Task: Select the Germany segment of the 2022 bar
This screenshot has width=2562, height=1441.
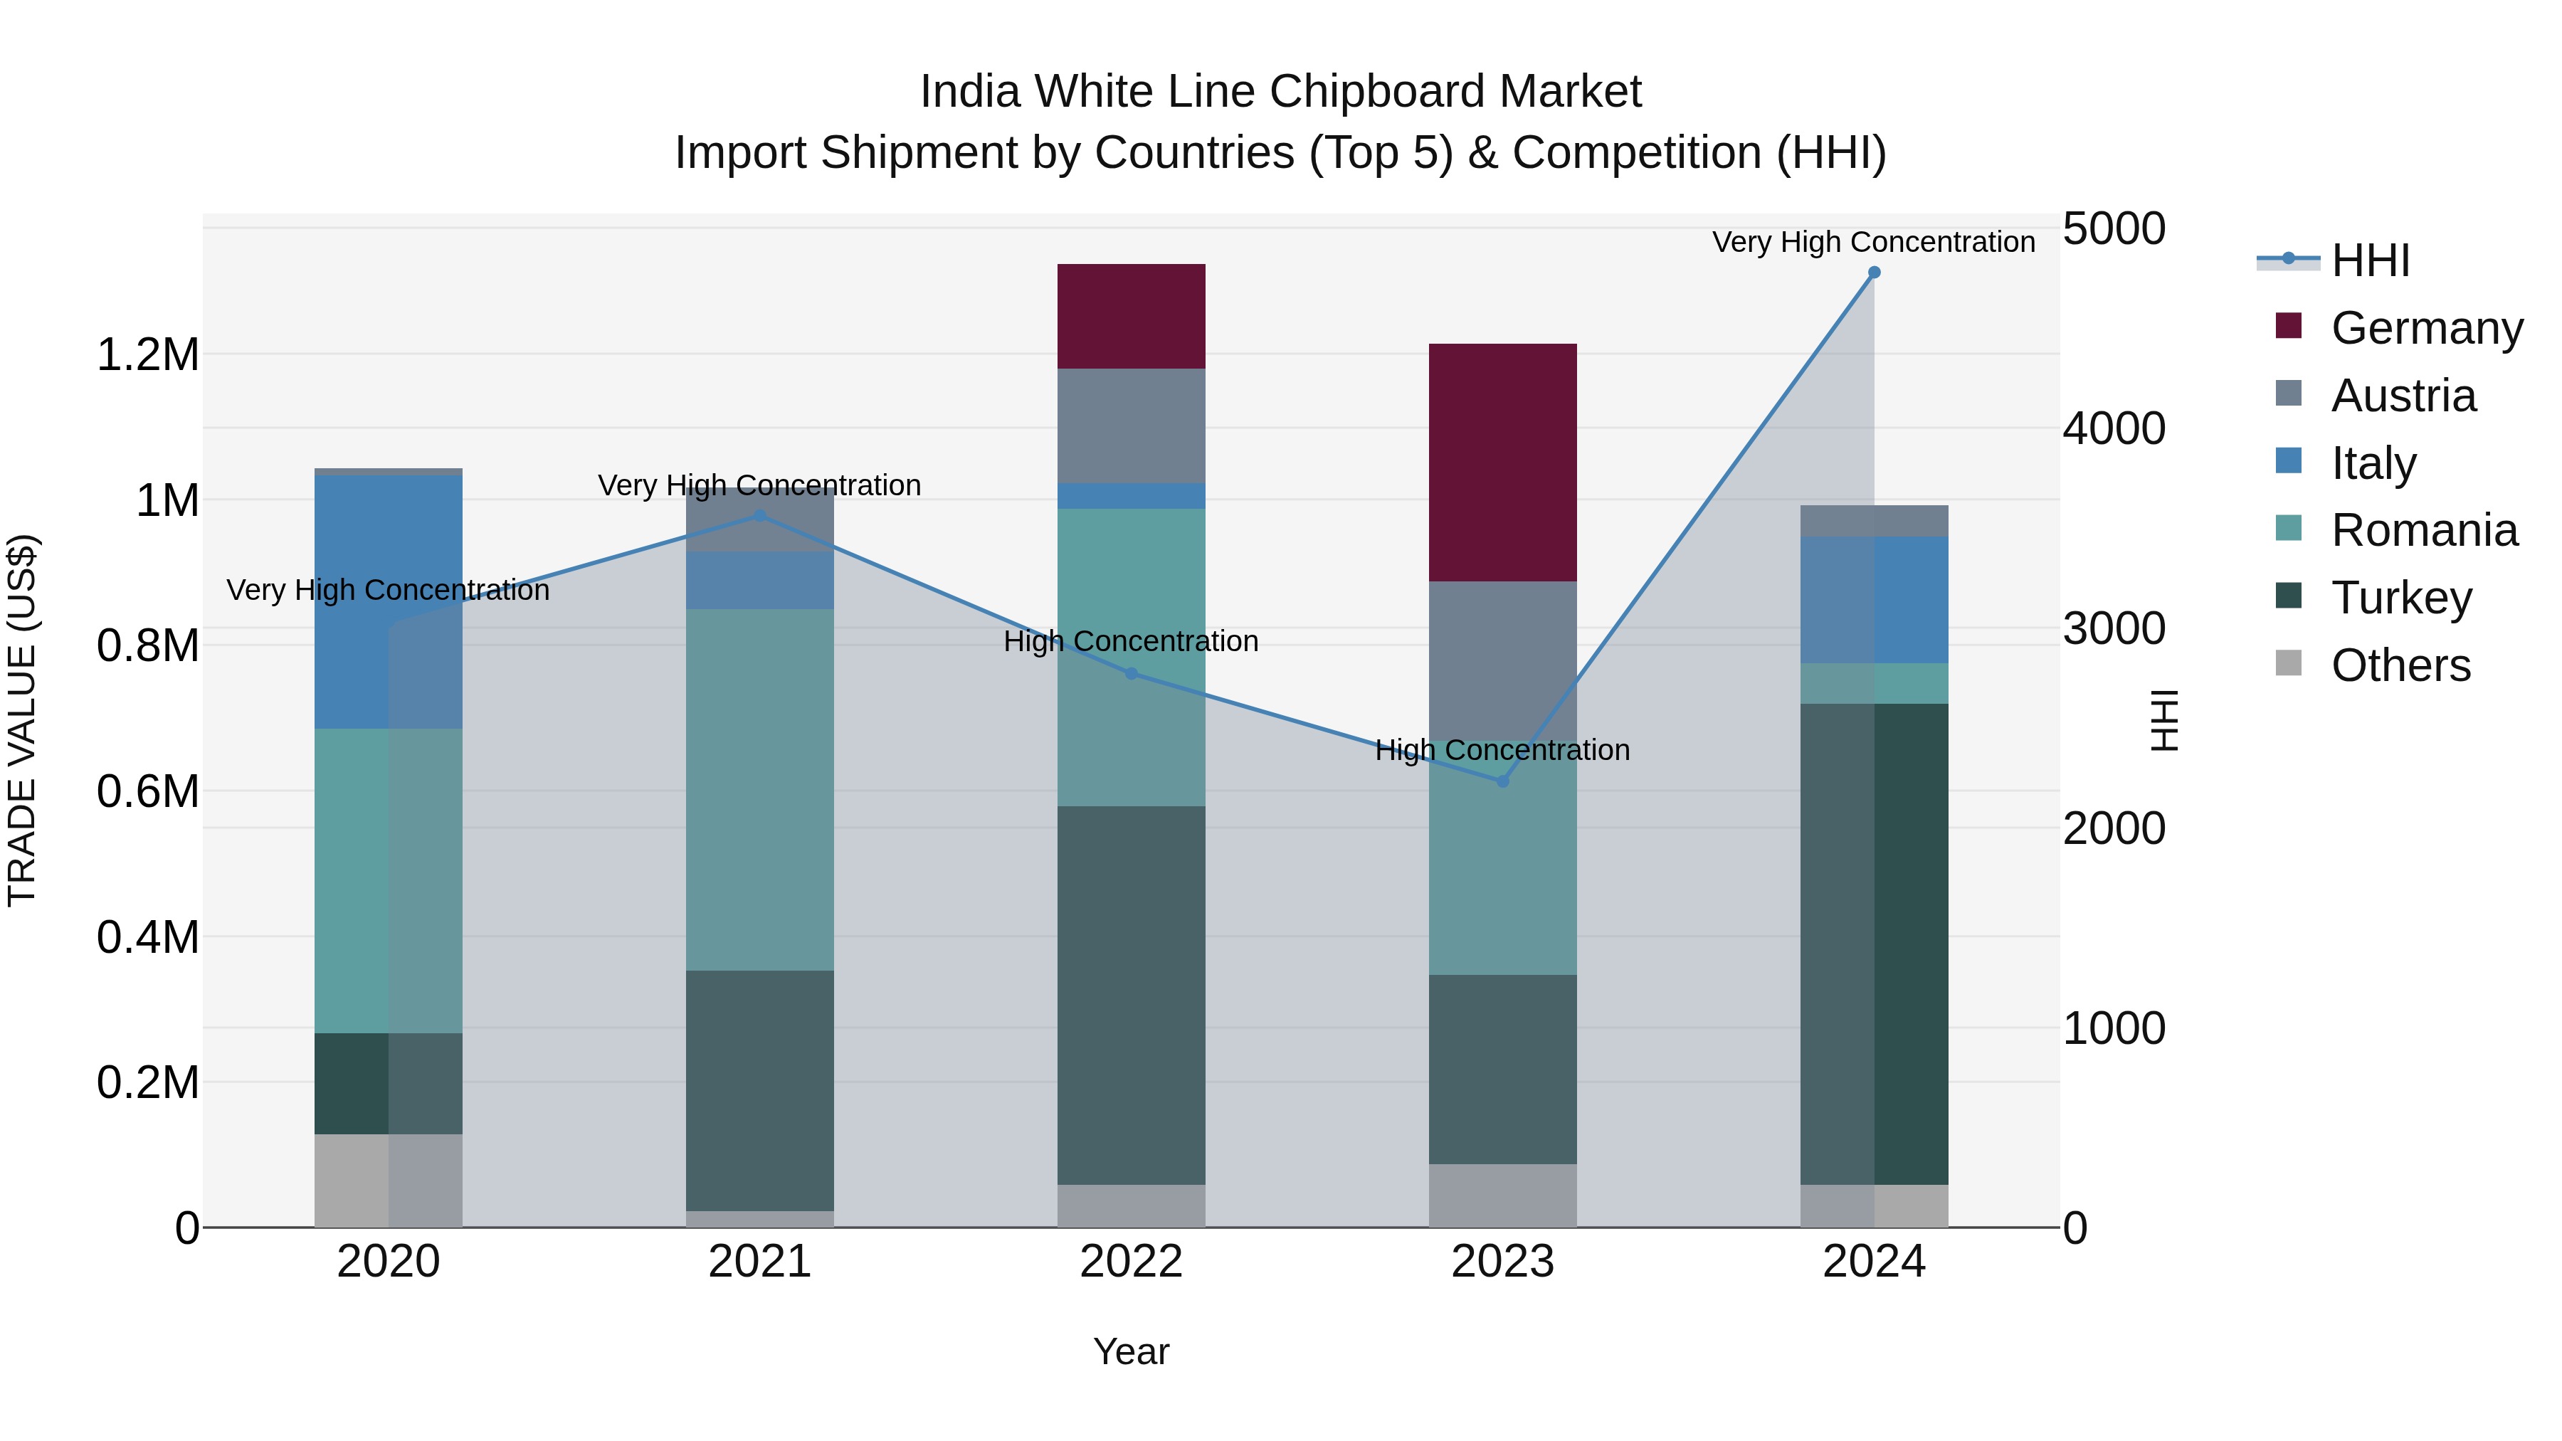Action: click(1131, 316)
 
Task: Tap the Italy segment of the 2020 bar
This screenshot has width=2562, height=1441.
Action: click(388, 601)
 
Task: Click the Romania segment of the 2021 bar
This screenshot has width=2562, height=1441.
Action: click(760, 790)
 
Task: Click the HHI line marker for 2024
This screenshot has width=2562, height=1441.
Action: click(1874, 273)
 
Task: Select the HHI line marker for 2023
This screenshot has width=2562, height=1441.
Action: click(1503, 781)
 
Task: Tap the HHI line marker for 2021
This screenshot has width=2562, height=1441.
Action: click(760, 516)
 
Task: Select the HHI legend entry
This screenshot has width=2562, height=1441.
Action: click(2369, 260)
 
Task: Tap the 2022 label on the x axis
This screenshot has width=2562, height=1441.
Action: click(1131, 1262)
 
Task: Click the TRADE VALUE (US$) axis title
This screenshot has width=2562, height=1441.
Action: click(22, 720)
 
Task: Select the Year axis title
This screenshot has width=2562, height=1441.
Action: click(1131, 1351)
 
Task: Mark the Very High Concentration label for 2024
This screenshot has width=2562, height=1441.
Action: click(1873, 242)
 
